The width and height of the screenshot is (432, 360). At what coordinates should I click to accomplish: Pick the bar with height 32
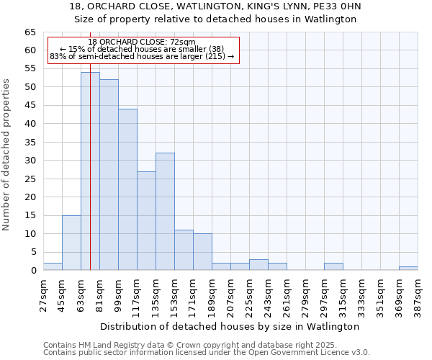(165, 212)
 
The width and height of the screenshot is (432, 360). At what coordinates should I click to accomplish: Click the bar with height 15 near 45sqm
(71, 243)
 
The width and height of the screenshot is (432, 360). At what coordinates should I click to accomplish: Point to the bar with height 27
(146, 221)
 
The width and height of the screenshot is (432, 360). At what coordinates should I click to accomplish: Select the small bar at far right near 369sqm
(408, 269)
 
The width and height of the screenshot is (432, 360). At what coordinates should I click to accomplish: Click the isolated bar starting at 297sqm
(333, 266)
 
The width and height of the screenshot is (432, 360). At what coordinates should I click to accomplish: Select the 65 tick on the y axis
(30, 32)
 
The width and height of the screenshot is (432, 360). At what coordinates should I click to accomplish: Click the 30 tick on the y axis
(30, 161)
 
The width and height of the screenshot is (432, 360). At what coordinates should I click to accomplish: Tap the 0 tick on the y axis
(32, 271)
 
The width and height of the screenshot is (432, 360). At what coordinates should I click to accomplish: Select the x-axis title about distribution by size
(230, 326)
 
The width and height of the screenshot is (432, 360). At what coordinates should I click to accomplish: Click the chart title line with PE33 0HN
(215, 6)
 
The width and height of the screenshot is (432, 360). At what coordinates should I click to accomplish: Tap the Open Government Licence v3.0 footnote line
(207, 352)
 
